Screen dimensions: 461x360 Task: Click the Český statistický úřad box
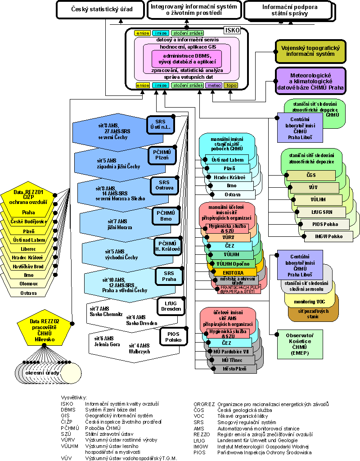pyautogui.click(x=99, y=9)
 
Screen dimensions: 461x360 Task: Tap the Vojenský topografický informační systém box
pyautogui.click(x=310, y=50)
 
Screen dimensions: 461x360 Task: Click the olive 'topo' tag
pyautogui.click(x=231, y=85)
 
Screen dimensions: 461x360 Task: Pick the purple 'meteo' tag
pyautogui.click(x=215, y=85)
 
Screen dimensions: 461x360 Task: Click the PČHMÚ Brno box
pyautogui.click(x=166, y=215)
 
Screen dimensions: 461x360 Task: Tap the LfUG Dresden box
pyautogui.click(x=169, y=306)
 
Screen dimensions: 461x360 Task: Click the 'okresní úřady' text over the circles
pyautogui.click(x=43, y=373)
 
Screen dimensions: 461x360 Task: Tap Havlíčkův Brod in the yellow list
pyautogui.click(x=29, y=266)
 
